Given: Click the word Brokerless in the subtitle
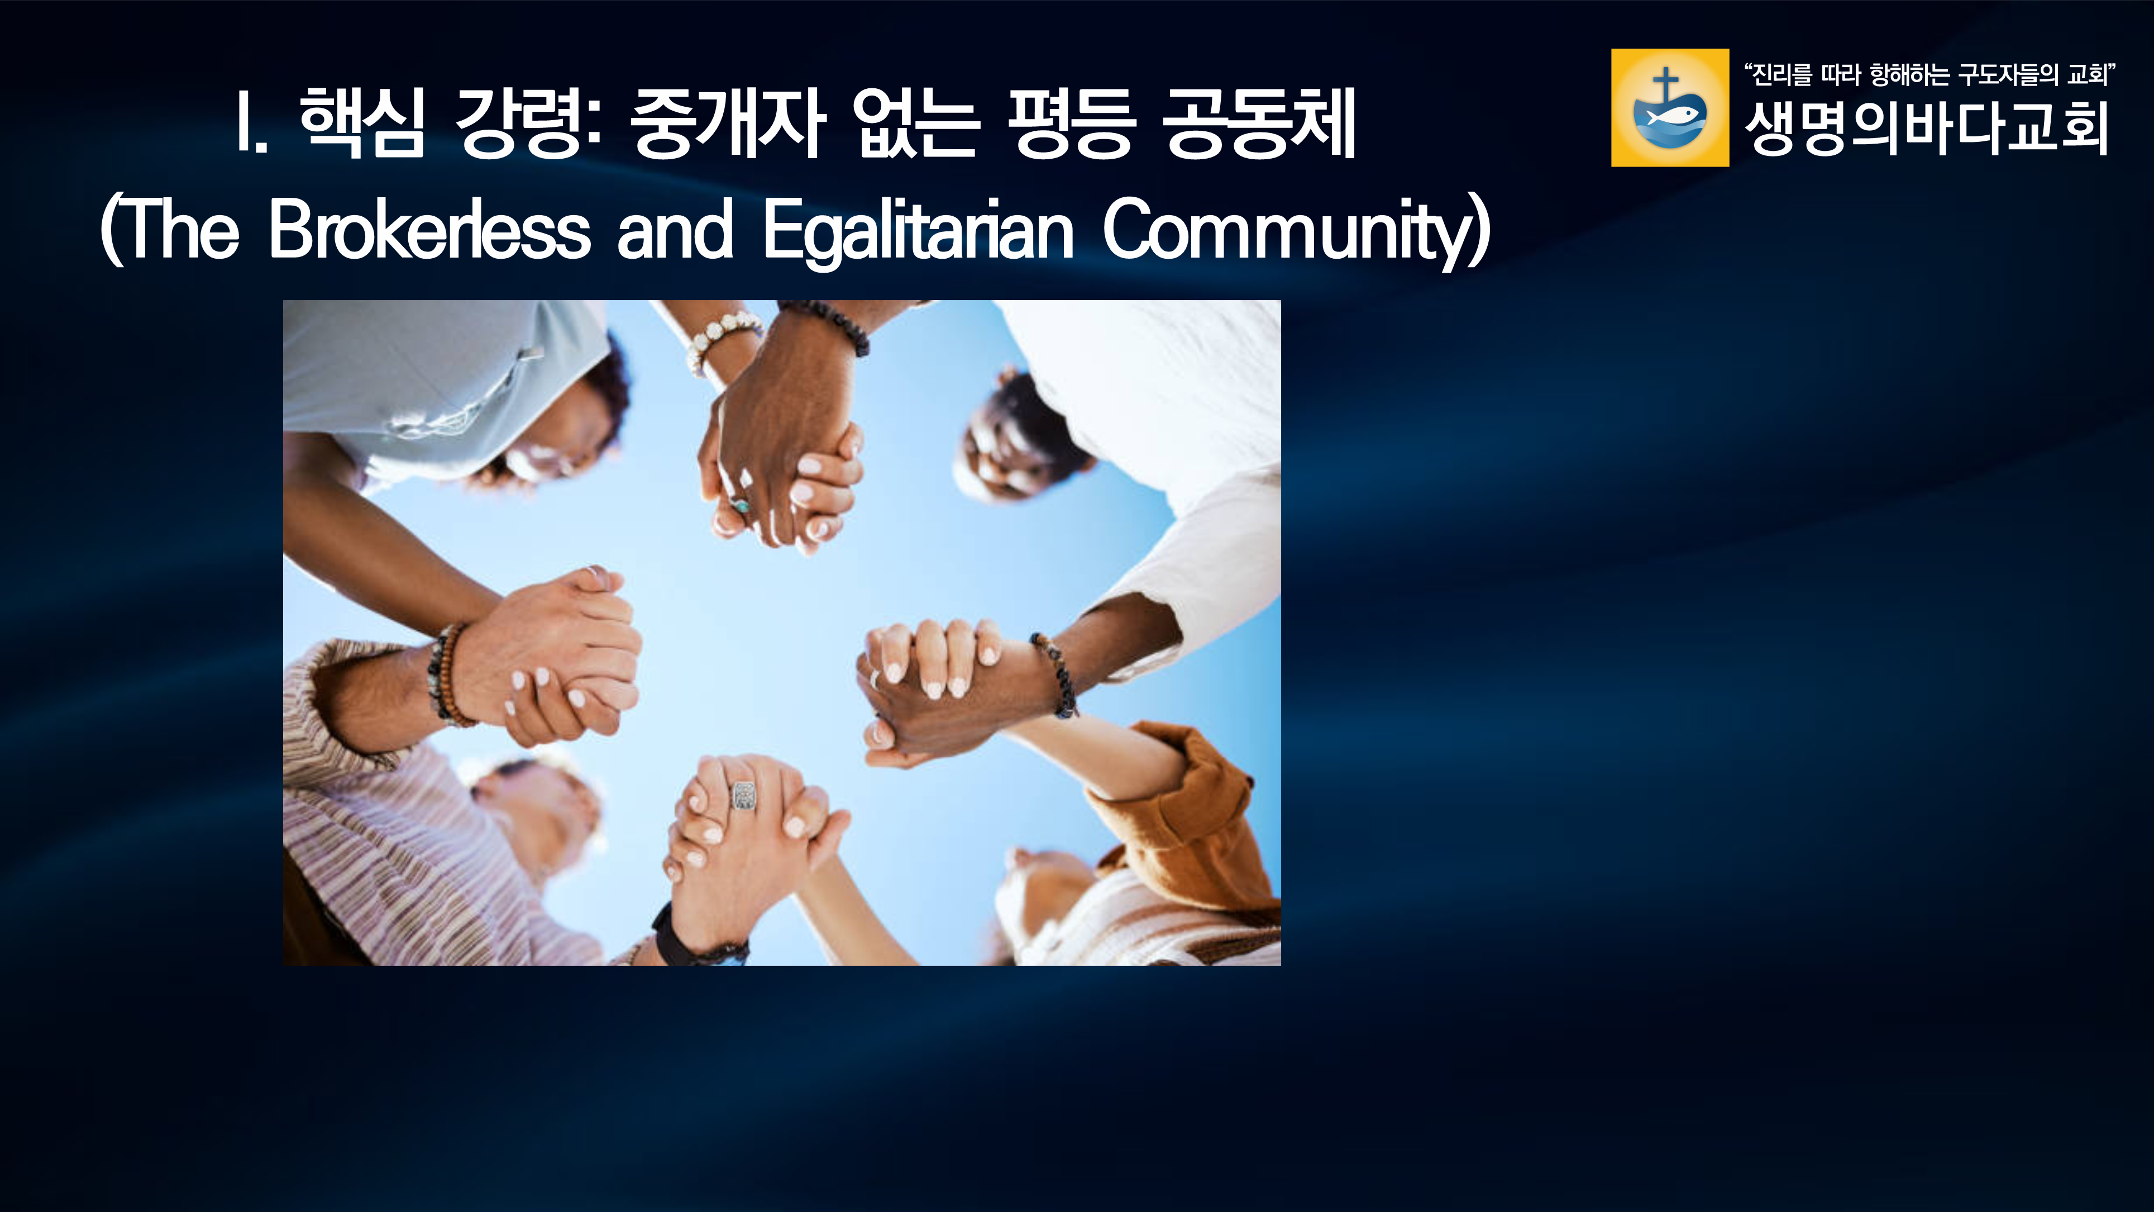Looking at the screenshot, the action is (x=430, y=229).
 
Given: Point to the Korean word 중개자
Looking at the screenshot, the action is (x=729, y=122).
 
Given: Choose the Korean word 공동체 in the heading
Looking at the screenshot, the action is (x=1260, y=122).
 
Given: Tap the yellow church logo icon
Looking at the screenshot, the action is (x=1670, y=107).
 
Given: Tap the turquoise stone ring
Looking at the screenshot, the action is (x=739, y=505).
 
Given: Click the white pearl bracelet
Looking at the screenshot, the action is (x=720, y=338).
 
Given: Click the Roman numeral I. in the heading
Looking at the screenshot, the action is (x=251, y=122).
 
